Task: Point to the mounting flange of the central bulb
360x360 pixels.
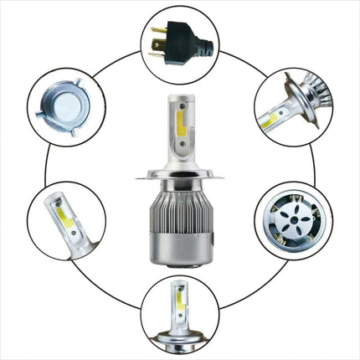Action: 181,175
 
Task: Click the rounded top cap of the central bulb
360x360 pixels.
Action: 180,101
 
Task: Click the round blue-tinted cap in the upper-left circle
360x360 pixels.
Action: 65,107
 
